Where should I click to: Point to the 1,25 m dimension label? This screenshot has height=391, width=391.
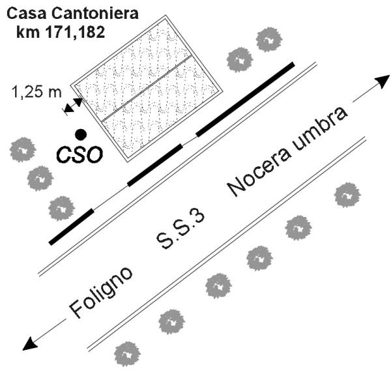(36, 93)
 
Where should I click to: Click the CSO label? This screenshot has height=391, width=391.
(78, 155)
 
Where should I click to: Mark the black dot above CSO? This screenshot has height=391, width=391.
(80, 134)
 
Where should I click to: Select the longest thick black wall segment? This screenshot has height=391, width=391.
(244, 99)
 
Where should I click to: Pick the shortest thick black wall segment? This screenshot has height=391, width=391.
(71, 227)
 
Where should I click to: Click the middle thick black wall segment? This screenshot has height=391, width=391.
(154, 165)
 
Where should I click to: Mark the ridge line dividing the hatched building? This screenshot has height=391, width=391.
(147, 88)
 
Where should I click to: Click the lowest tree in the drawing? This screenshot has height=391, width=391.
(127, 354)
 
